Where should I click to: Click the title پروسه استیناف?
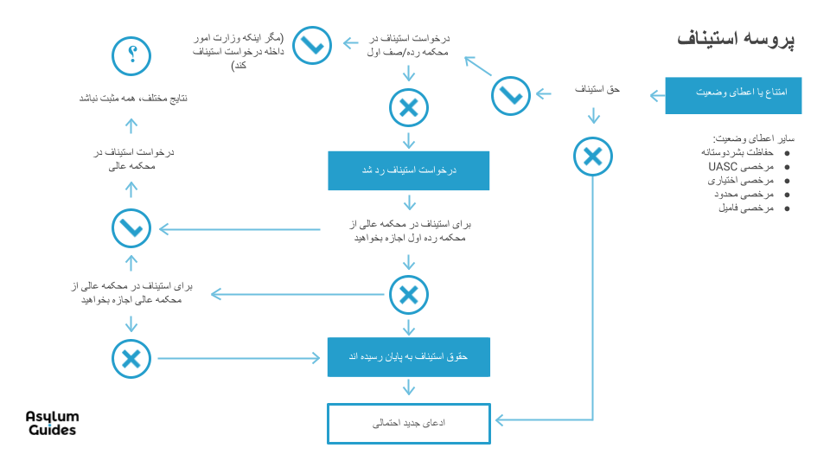(736, 40)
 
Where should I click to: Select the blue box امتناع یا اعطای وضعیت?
(733, 95)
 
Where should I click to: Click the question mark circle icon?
(131, 56)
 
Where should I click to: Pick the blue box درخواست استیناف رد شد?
(408, 171)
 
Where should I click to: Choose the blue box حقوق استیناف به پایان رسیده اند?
(408, 356)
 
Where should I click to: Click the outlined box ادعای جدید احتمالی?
(408, 424)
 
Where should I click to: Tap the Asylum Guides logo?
(52, 424)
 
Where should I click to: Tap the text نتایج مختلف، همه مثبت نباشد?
(132, 99)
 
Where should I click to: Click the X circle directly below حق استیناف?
(592, 157)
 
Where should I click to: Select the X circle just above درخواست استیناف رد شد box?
(408, 108)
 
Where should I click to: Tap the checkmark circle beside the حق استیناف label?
(511, 95)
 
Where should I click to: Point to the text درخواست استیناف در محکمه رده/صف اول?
(408, 47)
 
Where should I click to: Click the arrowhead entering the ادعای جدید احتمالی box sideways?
(499, 421)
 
